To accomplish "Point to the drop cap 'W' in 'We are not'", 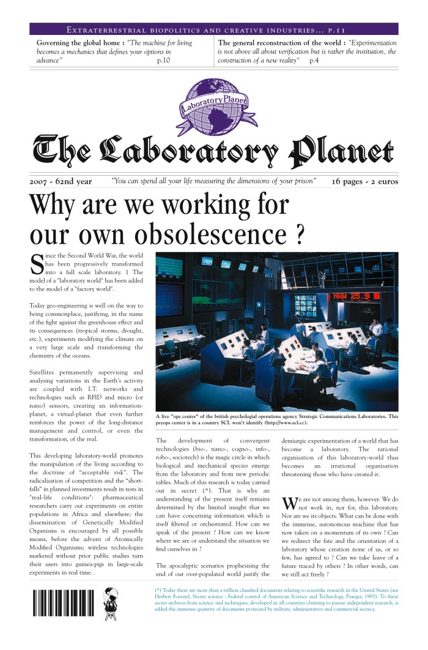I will pyautogui.click(x=289, y=503).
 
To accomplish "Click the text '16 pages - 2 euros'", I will pyautogui.click(x=364, y=182).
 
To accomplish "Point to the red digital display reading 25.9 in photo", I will pyautogui.click(x=348, y=297).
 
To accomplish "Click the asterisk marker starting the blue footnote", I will pyautogui.click(x=160, y=589).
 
